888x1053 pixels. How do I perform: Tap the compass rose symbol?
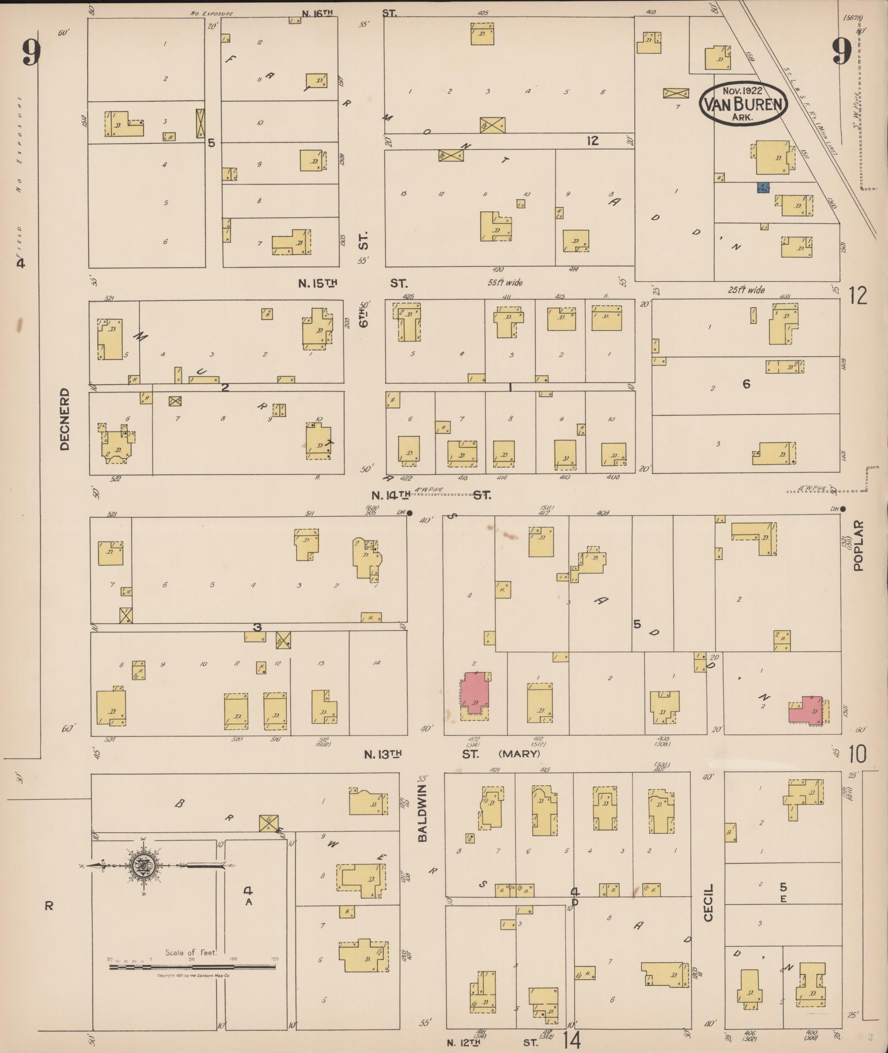(143, 867)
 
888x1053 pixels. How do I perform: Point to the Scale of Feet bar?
(192, 967)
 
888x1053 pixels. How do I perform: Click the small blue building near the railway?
(763, 188)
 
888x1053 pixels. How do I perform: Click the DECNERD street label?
(65, 419)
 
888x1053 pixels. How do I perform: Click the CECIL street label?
(708, 902)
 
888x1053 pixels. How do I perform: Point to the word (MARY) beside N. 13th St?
(519, 754)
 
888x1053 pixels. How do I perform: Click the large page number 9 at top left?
(31, 53)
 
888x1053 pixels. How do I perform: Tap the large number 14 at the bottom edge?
(573, 1040)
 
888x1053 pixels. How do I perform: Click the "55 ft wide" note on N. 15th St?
(505, 282)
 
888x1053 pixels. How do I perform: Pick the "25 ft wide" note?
(746, 290)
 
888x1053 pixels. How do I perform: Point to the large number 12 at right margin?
(858, 296)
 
